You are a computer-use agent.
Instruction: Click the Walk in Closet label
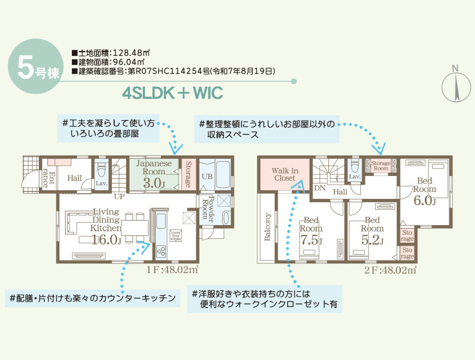(285, 174)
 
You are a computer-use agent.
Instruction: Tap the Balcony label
(267, 227)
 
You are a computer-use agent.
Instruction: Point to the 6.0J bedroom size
(424, 201)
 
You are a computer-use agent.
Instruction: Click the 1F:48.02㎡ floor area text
(171, 269)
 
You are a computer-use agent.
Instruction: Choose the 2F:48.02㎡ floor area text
(391, 269)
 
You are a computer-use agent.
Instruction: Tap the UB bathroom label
(207, 177)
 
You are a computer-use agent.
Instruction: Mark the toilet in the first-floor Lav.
(102, 170)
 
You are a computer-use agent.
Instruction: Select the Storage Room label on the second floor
(381, 166)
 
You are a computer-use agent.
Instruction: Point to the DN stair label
(320, 187)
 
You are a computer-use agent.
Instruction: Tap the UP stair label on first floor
(119, 196)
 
